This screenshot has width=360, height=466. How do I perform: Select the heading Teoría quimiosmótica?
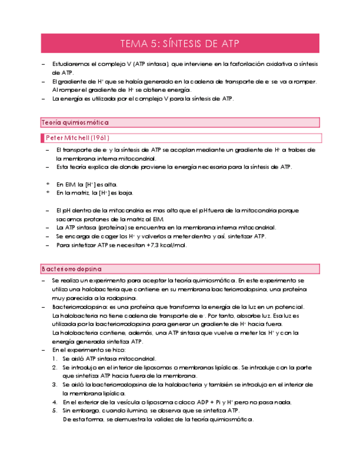(x=75, y=123)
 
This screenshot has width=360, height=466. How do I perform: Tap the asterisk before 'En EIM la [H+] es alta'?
(x=48, y=185)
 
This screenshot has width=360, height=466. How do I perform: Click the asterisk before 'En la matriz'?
(x=48, y=193)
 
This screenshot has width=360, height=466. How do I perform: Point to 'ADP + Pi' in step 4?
(x=201, y=402)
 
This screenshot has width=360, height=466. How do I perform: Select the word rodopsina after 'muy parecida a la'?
(x=114, y=298)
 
